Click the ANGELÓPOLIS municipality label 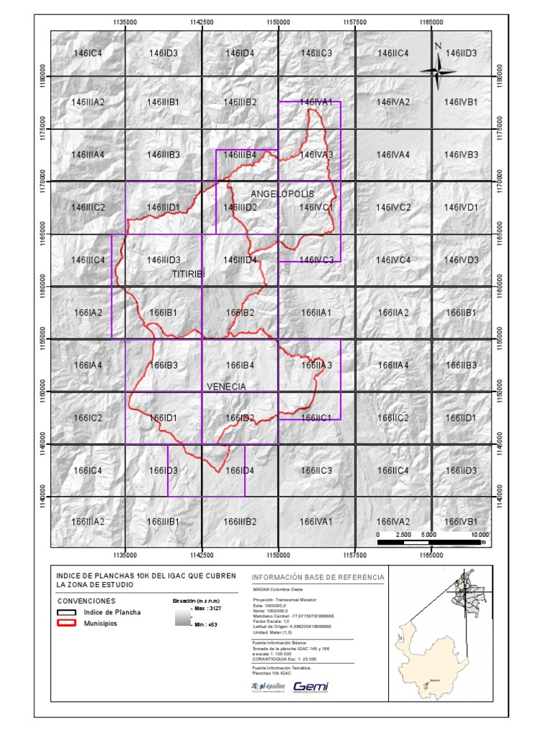point(283,194)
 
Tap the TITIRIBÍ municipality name point(189,274)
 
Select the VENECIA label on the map point(226,386)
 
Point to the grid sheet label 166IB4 point(240,366)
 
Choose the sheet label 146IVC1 point(316,207)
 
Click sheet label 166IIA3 point(316,366)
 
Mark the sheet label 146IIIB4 point(240,155)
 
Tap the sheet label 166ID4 point(240,471)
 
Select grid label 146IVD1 point(461,207)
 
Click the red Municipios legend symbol point(67,624)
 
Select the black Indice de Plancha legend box point(67,612)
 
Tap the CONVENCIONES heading point(85,601)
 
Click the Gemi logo point(311,686)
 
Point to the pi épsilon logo point(268,686)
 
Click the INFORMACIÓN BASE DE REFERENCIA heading point(318,578)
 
